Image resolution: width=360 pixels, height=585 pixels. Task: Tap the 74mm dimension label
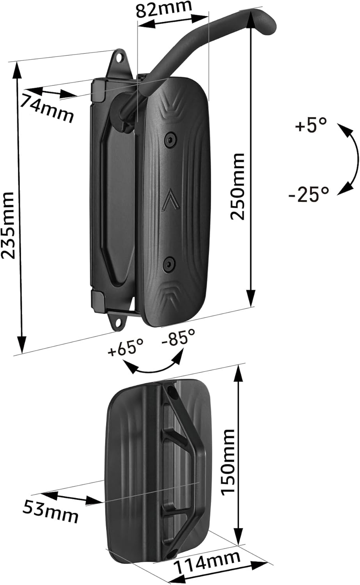(47, 108)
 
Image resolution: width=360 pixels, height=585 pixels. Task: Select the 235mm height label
(9, 225)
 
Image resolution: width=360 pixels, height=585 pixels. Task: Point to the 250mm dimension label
(237, 186)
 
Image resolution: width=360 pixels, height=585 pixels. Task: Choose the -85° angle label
(179, 336)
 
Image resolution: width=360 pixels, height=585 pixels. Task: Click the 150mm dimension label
(228, 462)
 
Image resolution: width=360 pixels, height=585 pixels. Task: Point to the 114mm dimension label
(207, 562)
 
